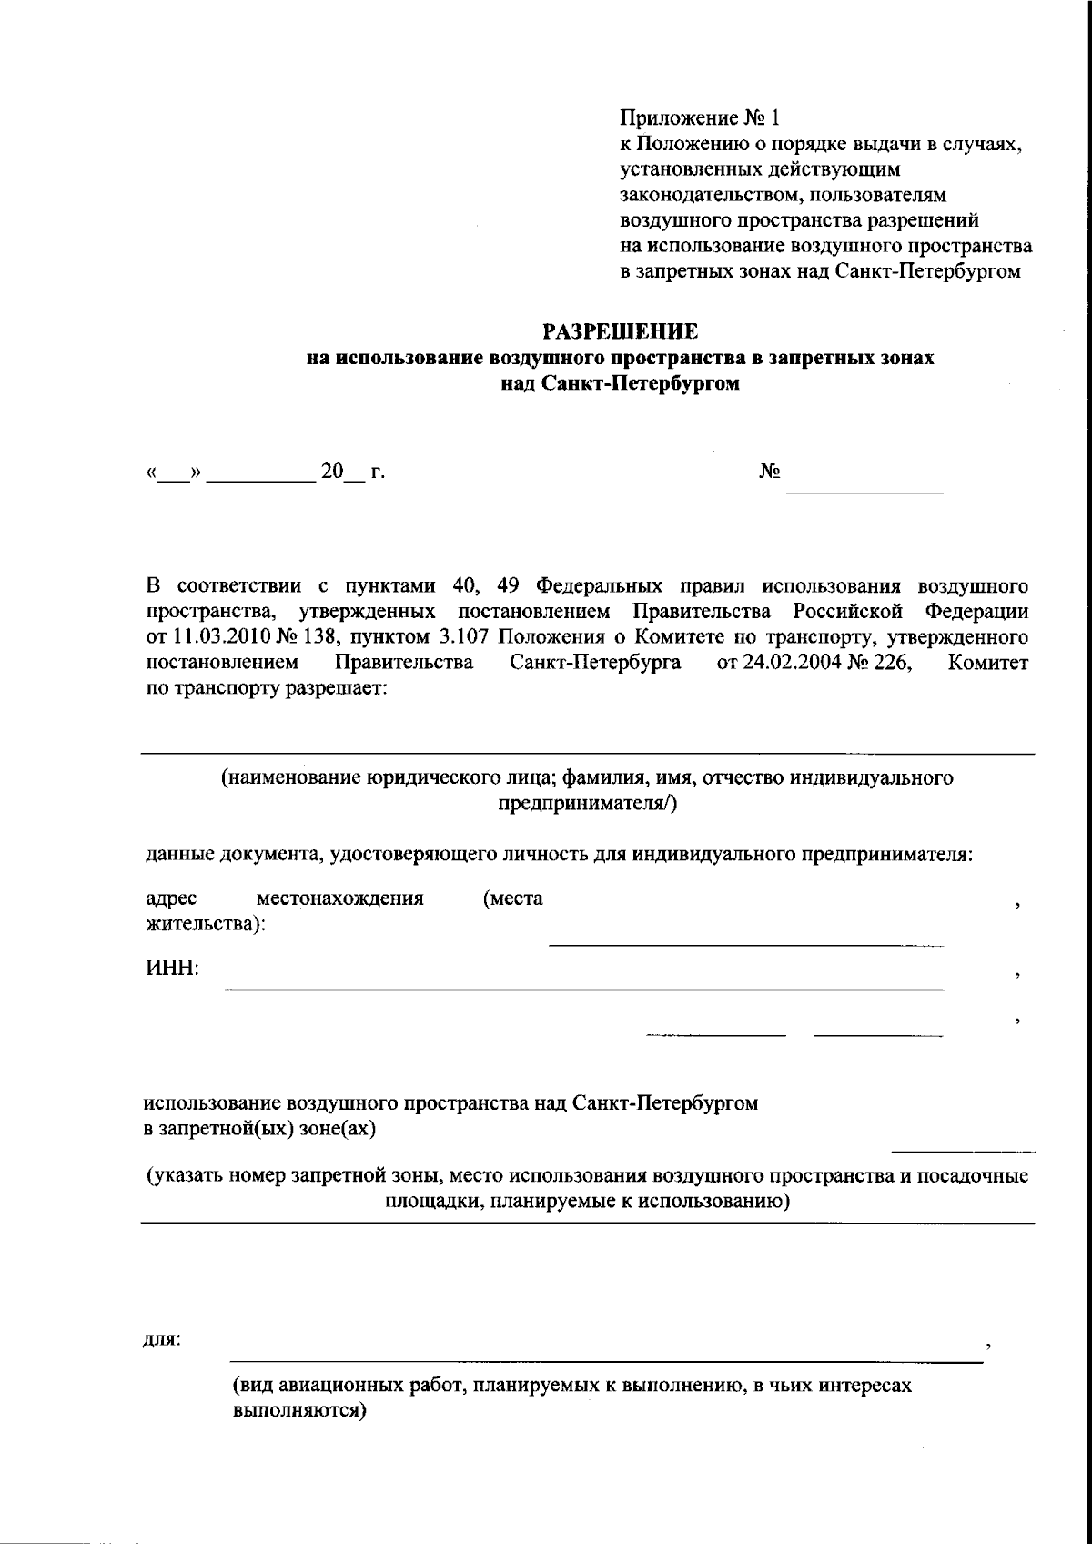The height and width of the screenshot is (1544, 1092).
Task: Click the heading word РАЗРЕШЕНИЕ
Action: click(620, 330)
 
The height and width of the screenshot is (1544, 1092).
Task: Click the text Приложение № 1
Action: click(700, 118)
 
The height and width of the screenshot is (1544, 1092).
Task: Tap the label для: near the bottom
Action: click(163, 1339)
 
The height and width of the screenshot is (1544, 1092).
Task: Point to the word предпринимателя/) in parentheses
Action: click(587, 804)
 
